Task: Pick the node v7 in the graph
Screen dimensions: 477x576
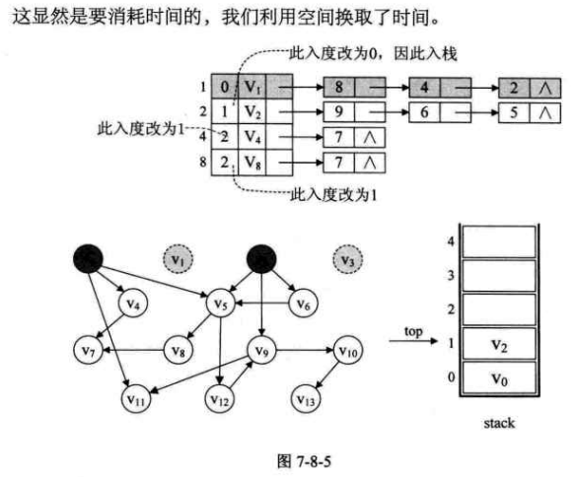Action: [86, 351]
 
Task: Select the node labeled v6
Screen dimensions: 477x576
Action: [304, 306]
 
